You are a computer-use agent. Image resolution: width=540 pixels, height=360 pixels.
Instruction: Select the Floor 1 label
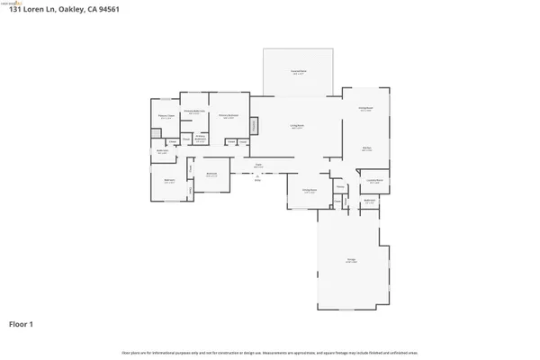click(x=22, y=322)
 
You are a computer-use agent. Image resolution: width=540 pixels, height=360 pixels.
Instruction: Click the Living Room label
click(x=296, y=127)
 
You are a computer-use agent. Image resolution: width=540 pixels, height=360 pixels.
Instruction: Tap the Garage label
click(x=351, y=261)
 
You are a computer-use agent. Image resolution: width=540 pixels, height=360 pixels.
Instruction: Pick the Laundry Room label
click(x=369, y=183)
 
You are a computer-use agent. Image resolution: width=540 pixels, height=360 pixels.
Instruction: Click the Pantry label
click(x=340, y=186)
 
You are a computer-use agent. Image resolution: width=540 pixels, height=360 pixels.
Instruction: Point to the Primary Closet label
click(x=166, y=116)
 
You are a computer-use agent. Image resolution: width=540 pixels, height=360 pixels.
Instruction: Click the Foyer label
click(x=257, y=165)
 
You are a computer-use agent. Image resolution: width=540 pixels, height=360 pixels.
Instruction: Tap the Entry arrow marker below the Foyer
click(x=257, y=175)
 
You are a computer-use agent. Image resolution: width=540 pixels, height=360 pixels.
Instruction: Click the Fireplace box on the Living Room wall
click(x=254, y=125)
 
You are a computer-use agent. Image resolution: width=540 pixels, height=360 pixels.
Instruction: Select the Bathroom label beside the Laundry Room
click(x=369, y=202)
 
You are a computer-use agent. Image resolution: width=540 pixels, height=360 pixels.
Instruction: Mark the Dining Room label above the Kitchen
click(x=365, y=109)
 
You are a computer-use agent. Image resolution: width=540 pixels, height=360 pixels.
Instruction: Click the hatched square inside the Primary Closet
click(x=157, y=130)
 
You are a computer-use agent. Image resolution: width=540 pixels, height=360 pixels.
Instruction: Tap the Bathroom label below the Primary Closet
click(x=163, y=152)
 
